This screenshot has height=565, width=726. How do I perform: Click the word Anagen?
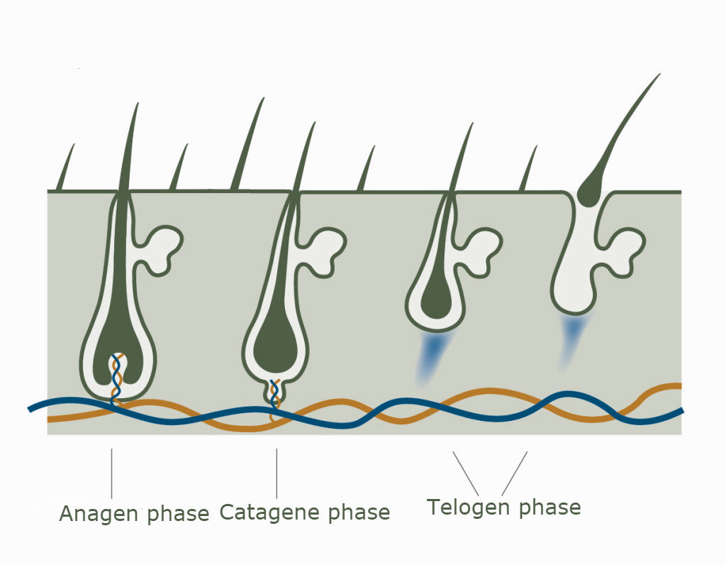coord(99,514)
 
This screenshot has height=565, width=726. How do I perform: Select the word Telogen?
coord(468,508)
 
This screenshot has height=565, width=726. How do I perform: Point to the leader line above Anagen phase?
coord(111,473)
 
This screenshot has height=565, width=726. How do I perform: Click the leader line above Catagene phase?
coord(277,473)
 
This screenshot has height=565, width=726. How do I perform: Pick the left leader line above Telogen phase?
coord(466,473)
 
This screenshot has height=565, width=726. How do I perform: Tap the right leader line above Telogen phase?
coord(515,473)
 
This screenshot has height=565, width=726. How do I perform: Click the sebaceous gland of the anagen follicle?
coord(160,251)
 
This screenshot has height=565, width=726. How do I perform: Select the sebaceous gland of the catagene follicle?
coord(324,252)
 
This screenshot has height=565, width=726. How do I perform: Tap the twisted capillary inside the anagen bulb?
coord(117,378)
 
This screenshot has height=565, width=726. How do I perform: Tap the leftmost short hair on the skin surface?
coord(65,167)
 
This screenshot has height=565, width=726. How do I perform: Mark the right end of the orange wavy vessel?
coord(680,385)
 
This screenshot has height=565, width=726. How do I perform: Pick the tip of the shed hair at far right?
coord(659,74)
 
